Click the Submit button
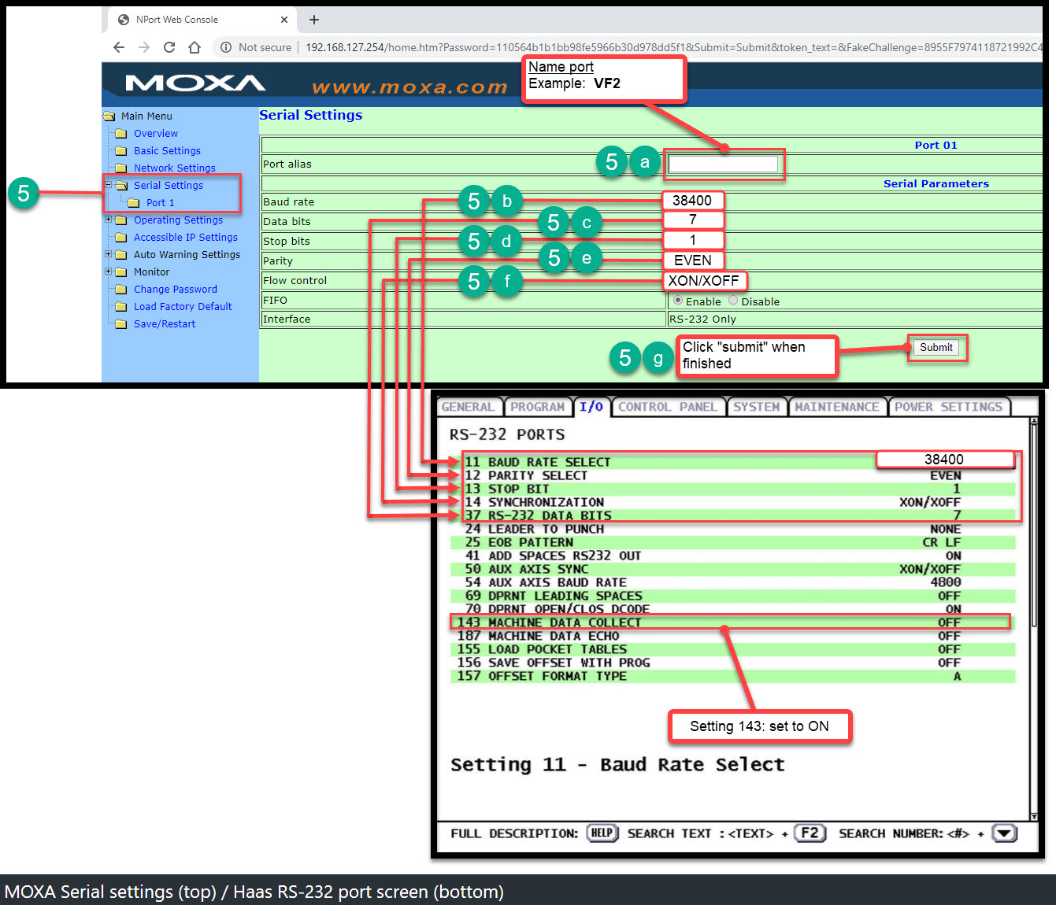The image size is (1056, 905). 936,348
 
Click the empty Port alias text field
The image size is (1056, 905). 723,164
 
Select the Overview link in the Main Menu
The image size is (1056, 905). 155,133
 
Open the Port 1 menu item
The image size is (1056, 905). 160,203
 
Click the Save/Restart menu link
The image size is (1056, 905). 164,323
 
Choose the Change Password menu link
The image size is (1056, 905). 176,289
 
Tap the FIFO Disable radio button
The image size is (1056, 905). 733,300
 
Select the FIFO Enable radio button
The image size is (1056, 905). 677,300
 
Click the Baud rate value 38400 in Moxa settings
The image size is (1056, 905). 692,201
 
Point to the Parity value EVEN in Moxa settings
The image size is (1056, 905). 692,260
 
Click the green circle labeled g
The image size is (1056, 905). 658,358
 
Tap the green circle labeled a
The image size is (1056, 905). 645,162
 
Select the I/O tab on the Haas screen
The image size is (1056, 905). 591,407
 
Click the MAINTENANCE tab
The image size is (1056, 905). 837,407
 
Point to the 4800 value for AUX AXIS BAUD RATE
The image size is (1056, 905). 946,582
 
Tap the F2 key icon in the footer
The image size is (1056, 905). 810,833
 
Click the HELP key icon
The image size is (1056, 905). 602,833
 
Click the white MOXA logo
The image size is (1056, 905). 195,83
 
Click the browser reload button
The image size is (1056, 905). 169,47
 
